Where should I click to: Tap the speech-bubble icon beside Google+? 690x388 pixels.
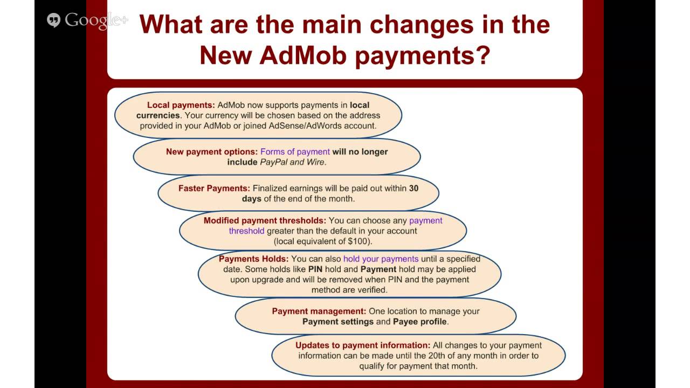point(53,20)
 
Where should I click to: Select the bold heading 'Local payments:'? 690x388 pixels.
point(181,105)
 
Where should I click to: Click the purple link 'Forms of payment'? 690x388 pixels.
point(295,151)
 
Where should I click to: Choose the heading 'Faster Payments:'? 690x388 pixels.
point(214,188)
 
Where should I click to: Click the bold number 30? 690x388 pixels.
point(413,188)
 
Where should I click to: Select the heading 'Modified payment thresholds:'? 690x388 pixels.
point(265,220)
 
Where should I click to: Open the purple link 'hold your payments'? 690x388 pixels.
point(381,259)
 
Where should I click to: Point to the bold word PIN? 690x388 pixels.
point(315,269)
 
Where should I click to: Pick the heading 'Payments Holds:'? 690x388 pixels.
point(253,259)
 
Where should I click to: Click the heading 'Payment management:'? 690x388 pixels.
point(319,311)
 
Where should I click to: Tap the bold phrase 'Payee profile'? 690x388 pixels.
point(419,321)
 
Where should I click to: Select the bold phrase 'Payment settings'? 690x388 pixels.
point(338,321)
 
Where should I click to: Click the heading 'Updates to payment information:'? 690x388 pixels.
point(363,345)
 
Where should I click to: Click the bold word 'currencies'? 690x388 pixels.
point(158,115)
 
